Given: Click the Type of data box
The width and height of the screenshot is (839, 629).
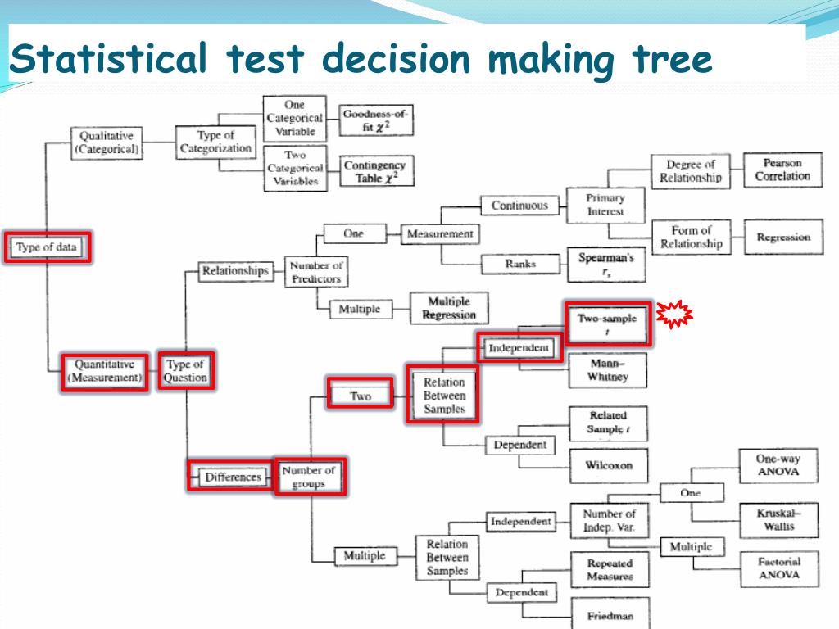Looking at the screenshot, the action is pyautogui.click(x=47, y=247).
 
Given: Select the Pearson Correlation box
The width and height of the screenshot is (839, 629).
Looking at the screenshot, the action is pyautogui.click(x=782, y=170).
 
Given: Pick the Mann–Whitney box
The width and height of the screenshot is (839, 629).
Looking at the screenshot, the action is pyautogui.click(x=607, y=369).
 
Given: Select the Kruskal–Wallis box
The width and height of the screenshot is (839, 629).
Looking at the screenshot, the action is pyautogui.click(x=778, y=520).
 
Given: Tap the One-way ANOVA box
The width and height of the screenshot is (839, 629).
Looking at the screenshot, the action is pyautogui.click(x=778, y=466).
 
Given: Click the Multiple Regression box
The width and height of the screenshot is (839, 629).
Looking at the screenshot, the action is pyautogui.click(x=448, y=309).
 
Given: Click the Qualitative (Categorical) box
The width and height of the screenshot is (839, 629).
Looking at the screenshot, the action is pyautogui.click(x=107, y=143).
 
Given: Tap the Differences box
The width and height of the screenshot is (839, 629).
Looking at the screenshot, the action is pyautogui.click(x=233, y=477).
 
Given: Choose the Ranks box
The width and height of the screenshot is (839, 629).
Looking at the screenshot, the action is pyautogui.click(x=520, y=264).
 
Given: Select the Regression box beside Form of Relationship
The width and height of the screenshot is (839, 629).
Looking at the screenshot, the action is pyautogui.click(x=783, y=238).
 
